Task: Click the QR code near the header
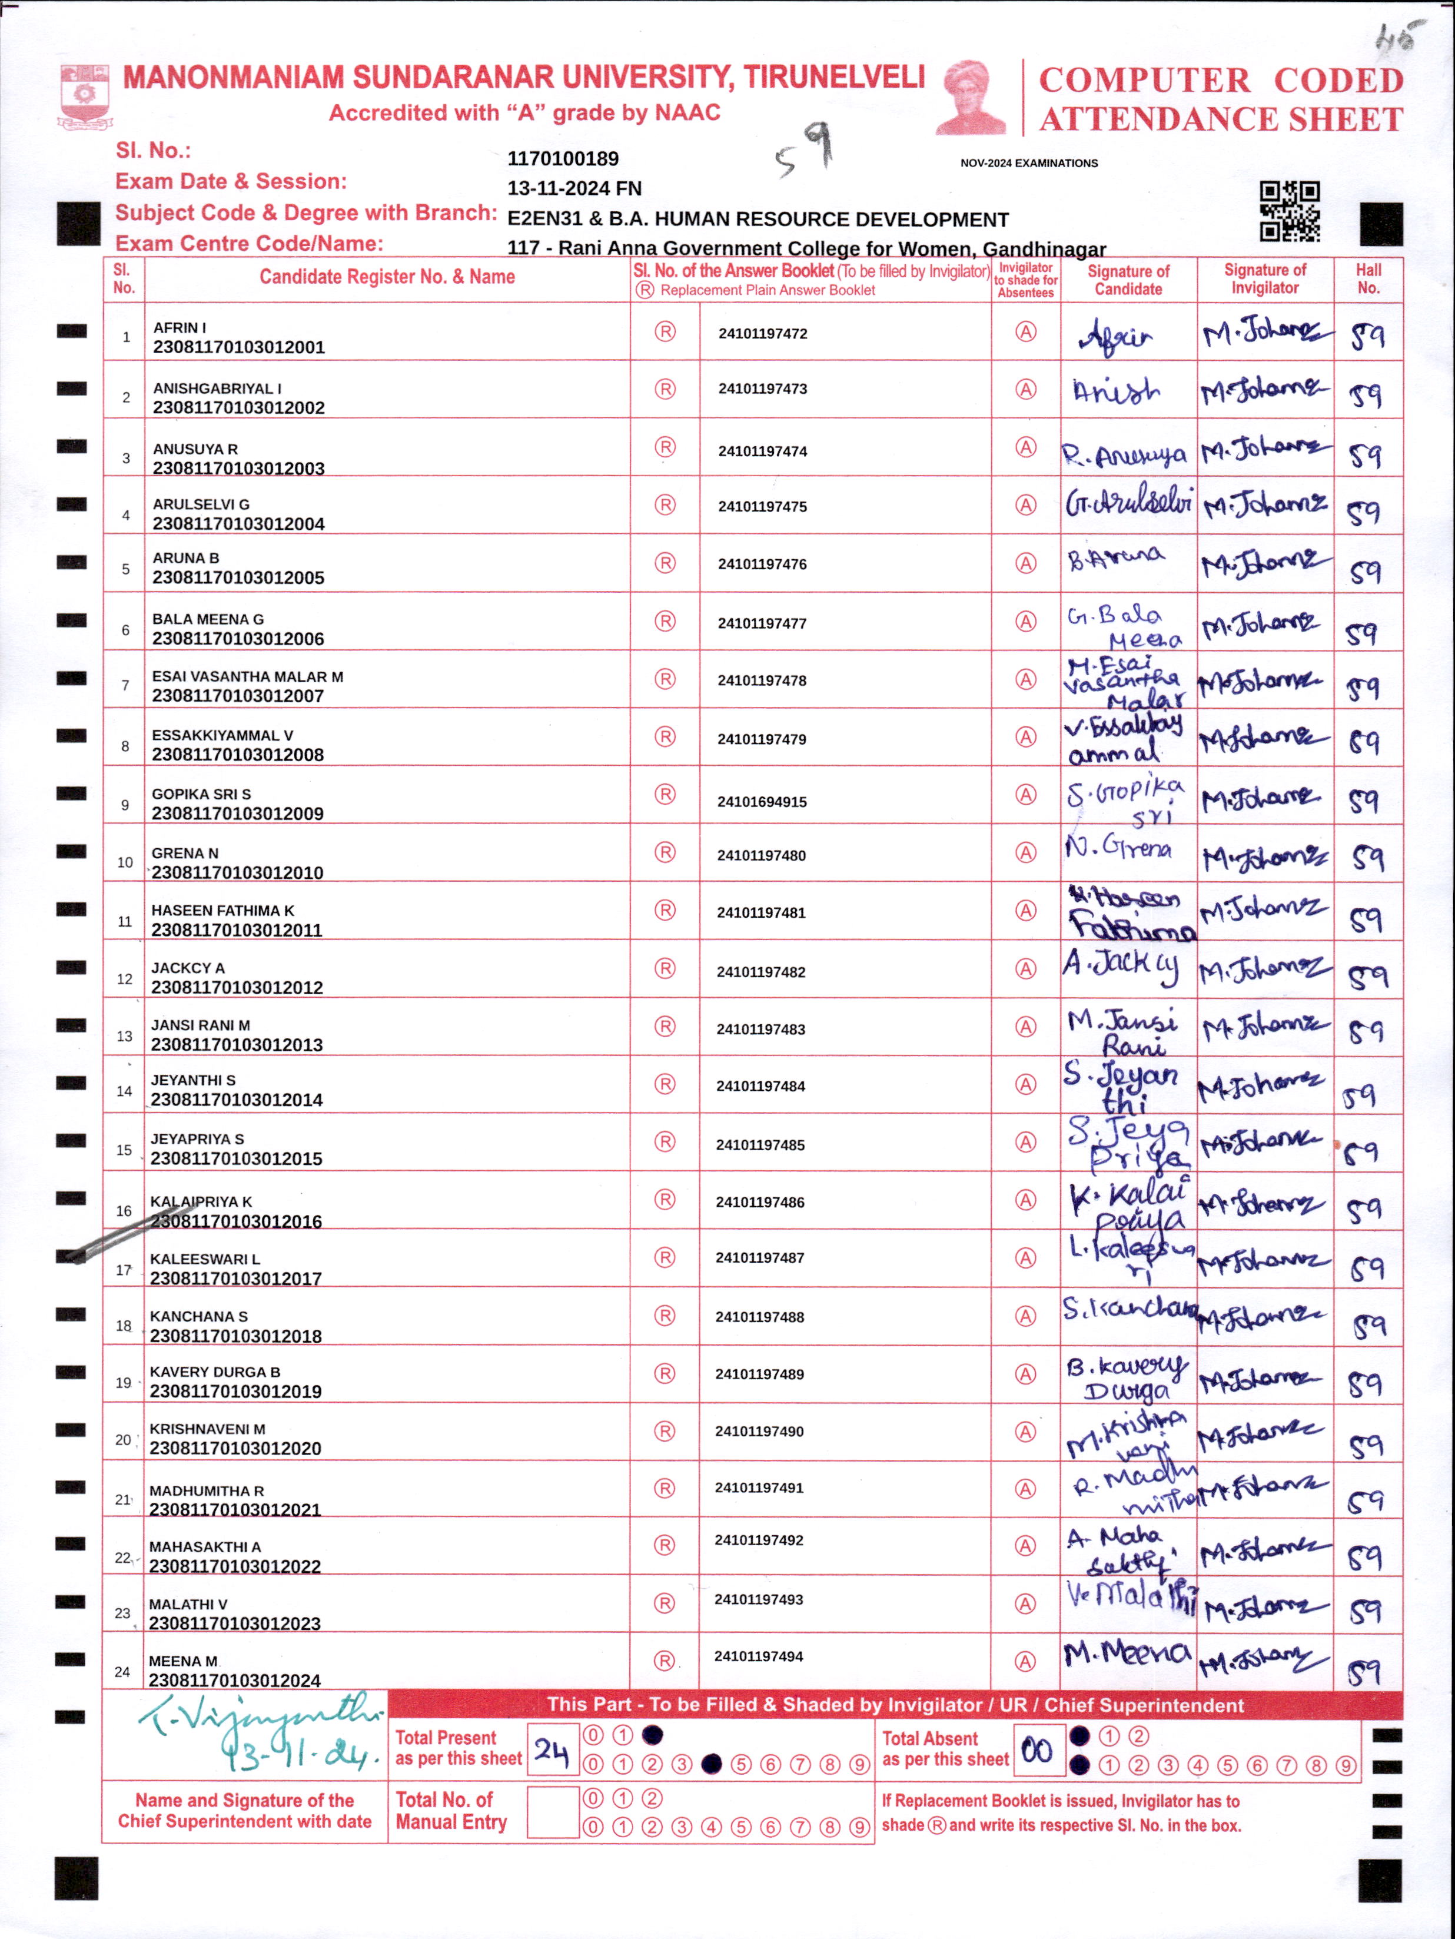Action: click(1290, 211)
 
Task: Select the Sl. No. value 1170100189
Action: click(563, 159)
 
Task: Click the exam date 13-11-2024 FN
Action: click(574, 188)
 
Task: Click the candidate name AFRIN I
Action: click(180, 327)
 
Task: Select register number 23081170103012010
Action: click(238, 872)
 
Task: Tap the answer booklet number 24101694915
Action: click(762, 801)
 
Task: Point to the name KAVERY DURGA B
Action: click(215, 1372)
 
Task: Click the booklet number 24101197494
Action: click(758, 1656)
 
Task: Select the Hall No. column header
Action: click(1368, 279)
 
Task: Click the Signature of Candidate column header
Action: click(1128, 280)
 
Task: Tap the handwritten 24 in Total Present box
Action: click(552, 1751)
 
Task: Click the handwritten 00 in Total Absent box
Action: click(1038, 1751)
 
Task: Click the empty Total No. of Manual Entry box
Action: click(552, 1812)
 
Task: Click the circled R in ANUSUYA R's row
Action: click(665, 447)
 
